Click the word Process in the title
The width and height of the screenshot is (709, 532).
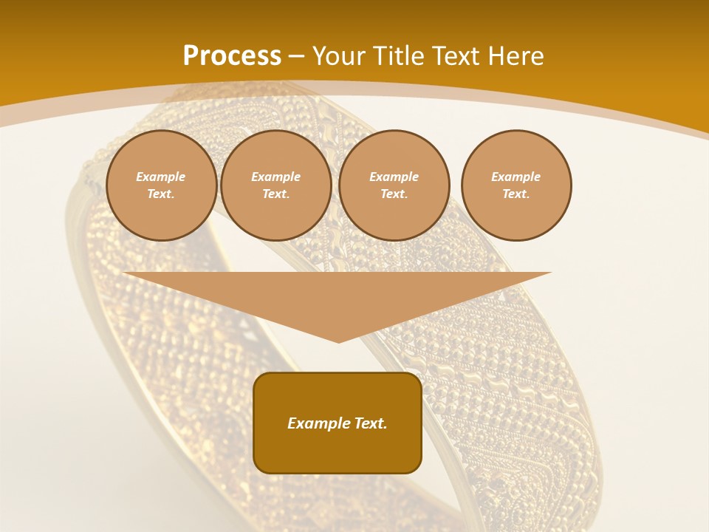[x=232, y=56]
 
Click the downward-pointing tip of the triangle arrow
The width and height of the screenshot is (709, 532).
[x=338, y=341]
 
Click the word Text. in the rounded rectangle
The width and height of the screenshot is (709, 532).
[x=371, y=423]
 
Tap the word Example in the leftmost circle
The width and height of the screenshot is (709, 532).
[x=161, y=177]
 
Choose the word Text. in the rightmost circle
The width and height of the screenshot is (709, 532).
[x=516, y=194]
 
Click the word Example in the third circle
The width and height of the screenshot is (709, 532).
[x=394, y=177]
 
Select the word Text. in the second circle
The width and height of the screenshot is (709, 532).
[x=276, y=194]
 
